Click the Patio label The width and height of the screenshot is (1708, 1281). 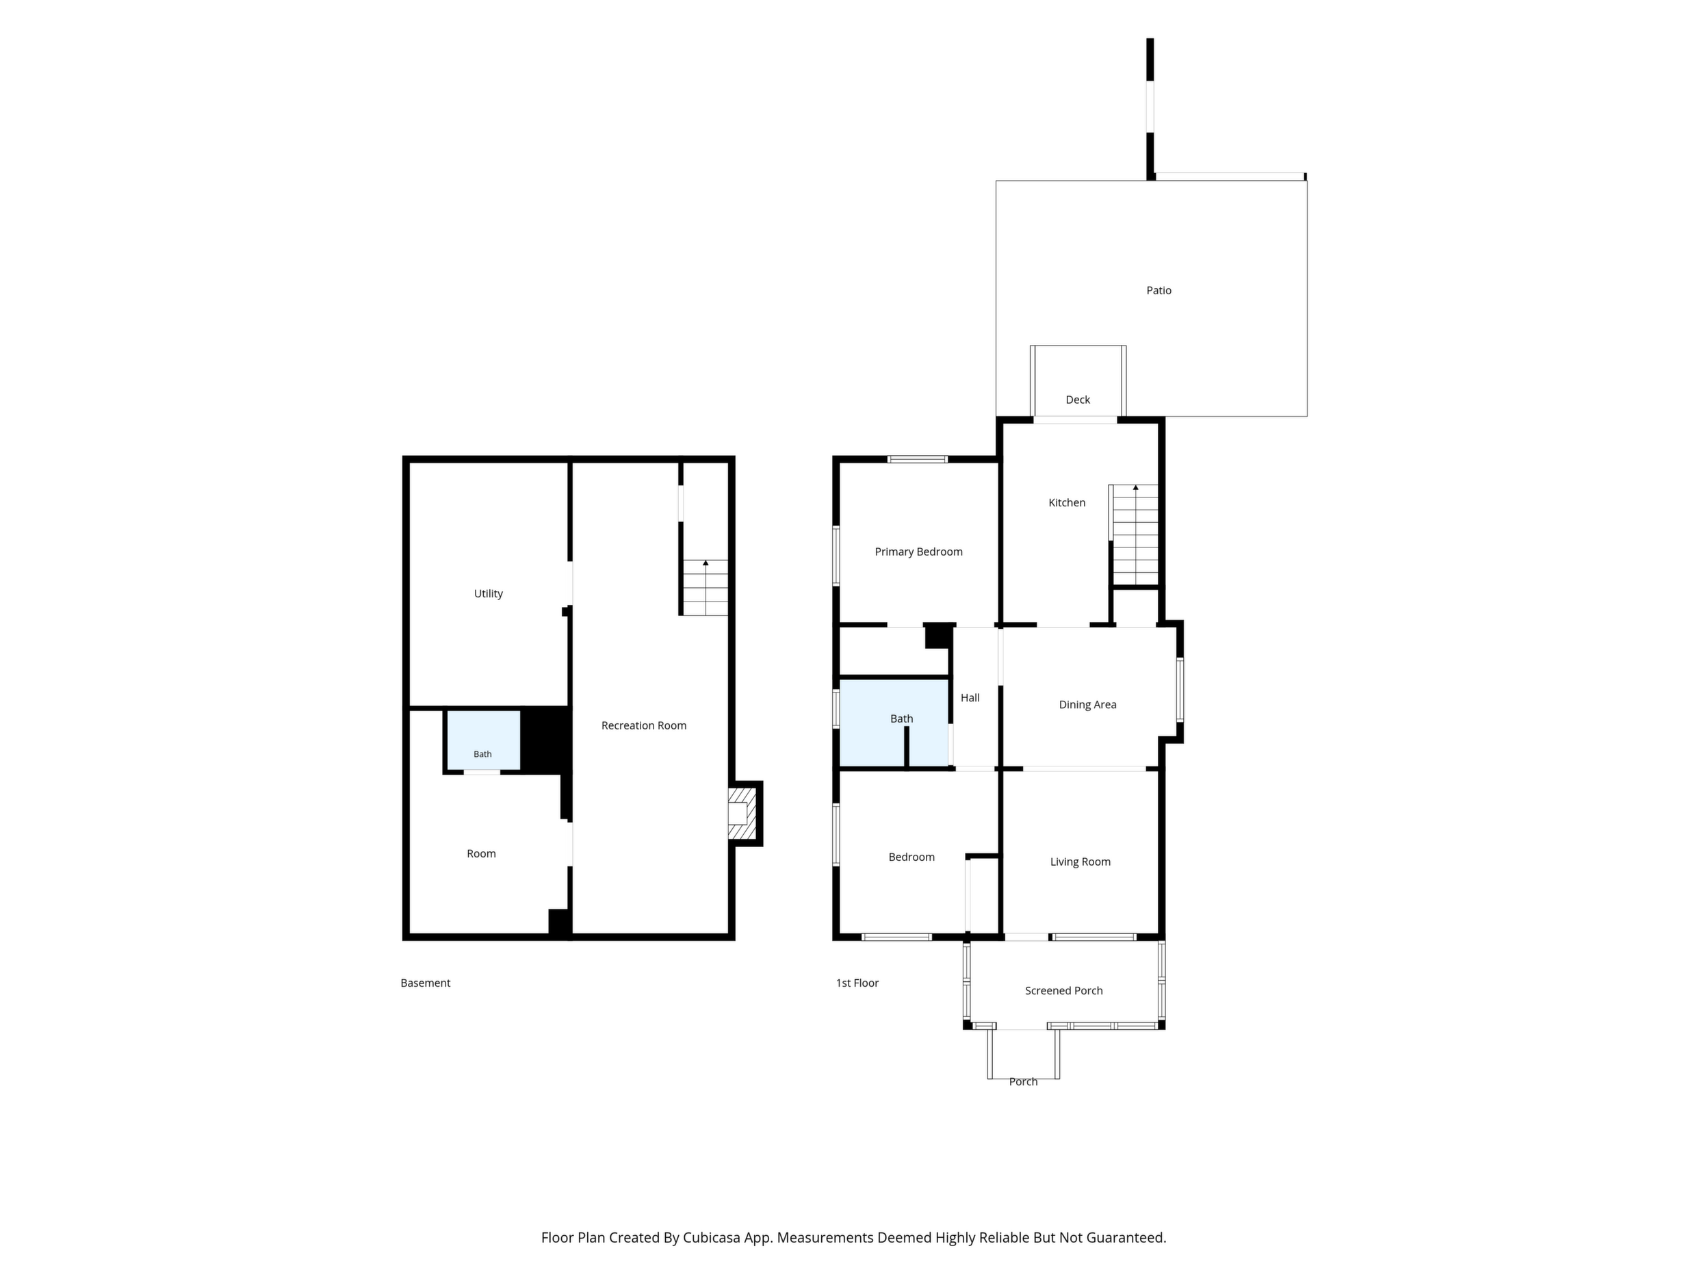(1159, 290)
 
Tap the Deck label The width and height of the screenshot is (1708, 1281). (1077, 399)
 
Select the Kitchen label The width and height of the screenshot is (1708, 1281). (1066, 503)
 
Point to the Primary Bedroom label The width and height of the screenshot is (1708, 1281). (918, 552)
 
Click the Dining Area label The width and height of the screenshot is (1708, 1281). (1087, 704)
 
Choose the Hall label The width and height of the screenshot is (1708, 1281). (970, 697)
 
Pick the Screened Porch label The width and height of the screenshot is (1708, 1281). (1063, 991)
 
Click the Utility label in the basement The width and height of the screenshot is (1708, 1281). (488, 594)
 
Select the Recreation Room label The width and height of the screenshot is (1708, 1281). (643, 725)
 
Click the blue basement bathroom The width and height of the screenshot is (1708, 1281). (483, 740)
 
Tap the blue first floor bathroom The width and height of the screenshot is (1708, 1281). (894, 723)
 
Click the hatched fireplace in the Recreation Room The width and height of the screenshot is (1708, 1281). (741, 813)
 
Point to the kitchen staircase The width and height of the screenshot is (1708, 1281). (1135, 535)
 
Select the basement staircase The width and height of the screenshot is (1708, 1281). (705, 588)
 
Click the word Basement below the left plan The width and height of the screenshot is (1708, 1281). (425, 983)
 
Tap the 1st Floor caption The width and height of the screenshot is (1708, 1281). (857, 983)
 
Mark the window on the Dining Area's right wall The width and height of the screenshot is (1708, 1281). (1179, 689)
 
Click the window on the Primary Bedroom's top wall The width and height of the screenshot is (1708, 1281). (918, 459)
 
